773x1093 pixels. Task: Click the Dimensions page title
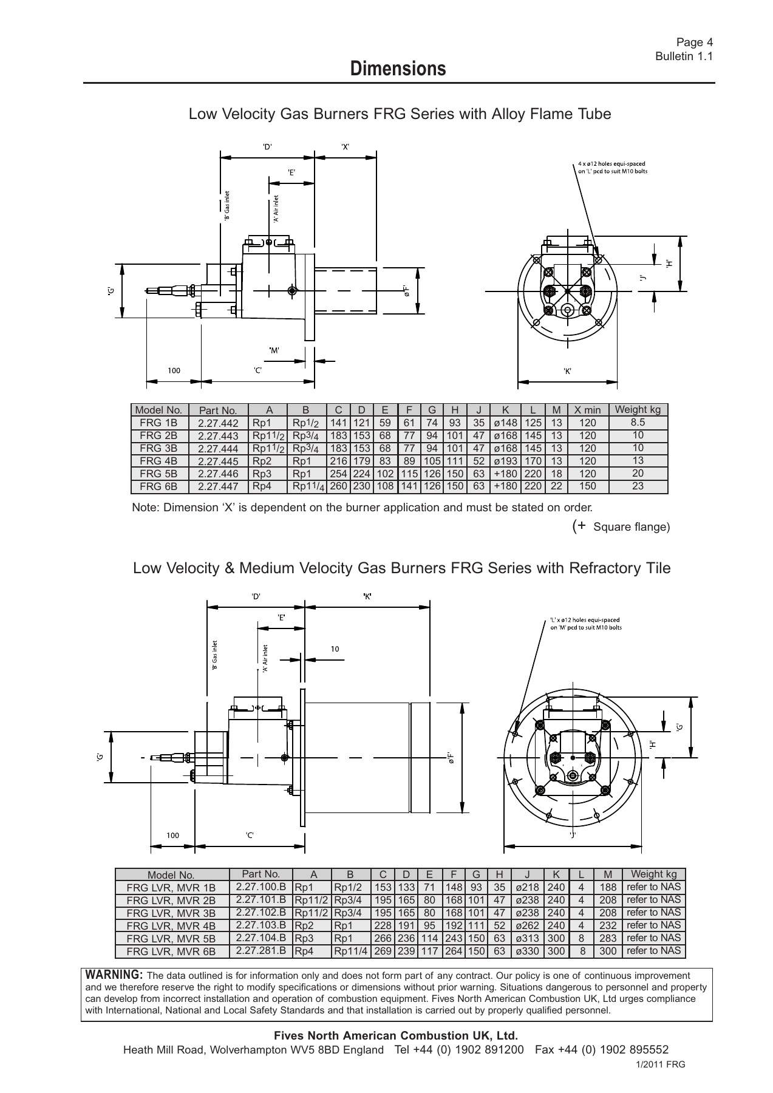coord(398,69)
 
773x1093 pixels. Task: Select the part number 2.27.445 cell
coord(218,461)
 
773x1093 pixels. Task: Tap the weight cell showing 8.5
coord(638,423)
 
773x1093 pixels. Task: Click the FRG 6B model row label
coord(158,486)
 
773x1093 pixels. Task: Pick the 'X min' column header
coord(587,410)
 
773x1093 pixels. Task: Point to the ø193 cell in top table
coord(505,461)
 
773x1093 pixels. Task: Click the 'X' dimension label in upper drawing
coord(345,146)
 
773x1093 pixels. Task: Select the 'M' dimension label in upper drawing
coord(274,350)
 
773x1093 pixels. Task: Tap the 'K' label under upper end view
coord(567,371)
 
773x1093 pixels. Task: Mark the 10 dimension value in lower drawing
coord(335,649)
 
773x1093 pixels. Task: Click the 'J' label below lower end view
coord(572,834)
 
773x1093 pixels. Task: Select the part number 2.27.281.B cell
coord(261,950)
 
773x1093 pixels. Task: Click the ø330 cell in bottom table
coord(526,951)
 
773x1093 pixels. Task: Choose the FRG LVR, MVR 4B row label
coord(171,926)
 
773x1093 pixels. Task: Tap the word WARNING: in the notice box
coord(114,975)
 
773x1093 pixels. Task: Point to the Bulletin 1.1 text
coord(683,56)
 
